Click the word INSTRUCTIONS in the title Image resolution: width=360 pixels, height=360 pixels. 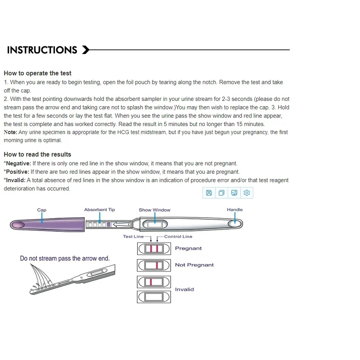[42, 50]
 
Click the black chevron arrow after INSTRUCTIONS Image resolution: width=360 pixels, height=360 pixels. [85, 50]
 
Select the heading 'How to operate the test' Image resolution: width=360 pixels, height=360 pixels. [37, 73]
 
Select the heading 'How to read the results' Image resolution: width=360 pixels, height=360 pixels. [37, 154]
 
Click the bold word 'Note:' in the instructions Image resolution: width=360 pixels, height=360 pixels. [10, 132]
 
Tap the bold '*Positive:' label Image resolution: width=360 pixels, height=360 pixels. [16, 172]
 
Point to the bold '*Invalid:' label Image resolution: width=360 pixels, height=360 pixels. [15, 180]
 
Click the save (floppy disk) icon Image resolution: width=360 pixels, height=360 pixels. [209, 193]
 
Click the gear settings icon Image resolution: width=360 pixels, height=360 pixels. [247, 193]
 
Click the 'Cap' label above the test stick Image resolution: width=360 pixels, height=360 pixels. [41, 210]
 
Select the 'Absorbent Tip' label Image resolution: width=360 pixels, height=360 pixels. [99, 210]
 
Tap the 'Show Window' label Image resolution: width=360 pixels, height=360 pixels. [154, 210]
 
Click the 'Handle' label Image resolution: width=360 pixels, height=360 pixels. [234, 210]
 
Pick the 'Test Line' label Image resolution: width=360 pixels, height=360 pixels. [133, 236]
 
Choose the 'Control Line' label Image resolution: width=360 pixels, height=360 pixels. [178, 236]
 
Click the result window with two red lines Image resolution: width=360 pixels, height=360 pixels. [153, 249]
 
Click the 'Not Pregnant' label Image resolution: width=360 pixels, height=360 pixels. [194, 265]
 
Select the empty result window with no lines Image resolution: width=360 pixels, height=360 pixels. [153, 297]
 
